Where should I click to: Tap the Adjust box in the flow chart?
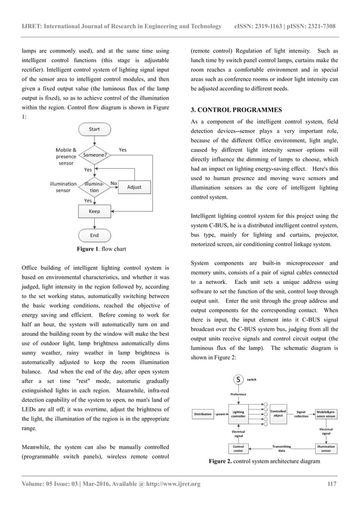(134, 187)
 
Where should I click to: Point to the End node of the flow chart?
(94, 235)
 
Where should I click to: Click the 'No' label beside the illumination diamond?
(113, 183)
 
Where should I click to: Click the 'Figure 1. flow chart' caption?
(93, 248)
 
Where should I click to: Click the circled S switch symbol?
(240, 380)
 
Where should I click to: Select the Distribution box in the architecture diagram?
(203, 414)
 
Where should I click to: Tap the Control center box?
(238, 448)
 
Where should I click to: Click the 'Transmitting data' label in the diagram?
(282, 448)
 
